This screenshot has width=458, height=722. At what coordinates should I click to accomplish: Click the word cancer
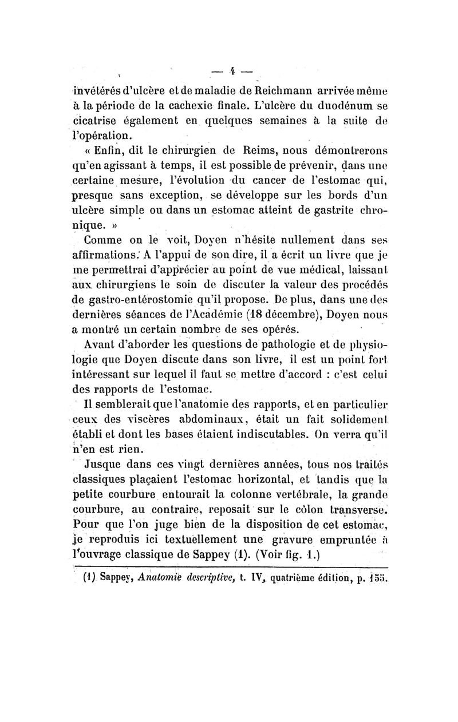pyautogui.click(x=291, y=183)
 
